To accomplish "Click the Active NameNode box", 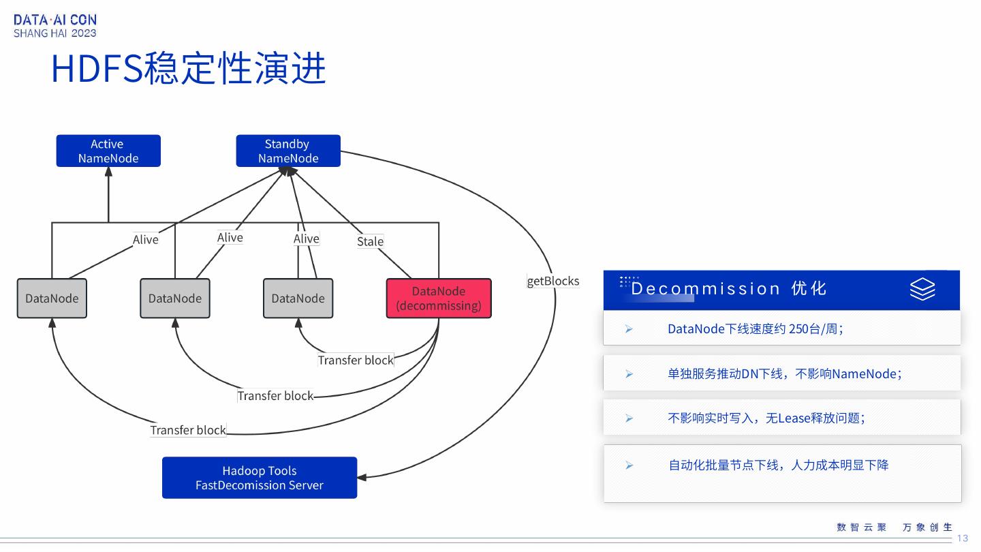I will [x=108, y=151].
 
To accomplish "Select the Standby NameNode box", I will [x=287, y=151].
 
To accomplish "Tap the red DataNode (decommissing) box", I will [x=438, y=298].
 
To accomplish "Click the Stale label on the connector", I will [x=370, y=241].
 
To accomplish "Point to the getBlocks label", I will [x=552, y=281].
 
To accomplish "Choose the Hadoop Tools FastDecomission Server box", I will [x=259, y=478].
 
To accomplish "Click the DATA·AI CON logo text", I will [x=55, y=20].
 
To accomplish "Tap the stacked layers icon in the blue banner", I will [x=922, y=290].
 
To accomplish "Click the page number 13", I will [x=962, y=538].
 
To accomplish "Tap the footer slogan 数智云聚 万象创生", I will [x=894, y=527].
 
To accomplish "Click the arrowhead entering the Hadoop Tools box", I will [x=362, y=477].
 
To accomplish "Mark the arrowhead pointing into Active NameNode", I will [x=108, y=172].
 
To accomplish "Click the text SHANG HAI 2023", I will [x=55, y=33].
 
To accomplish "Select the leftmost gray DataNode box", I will [x=52, y=298].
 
